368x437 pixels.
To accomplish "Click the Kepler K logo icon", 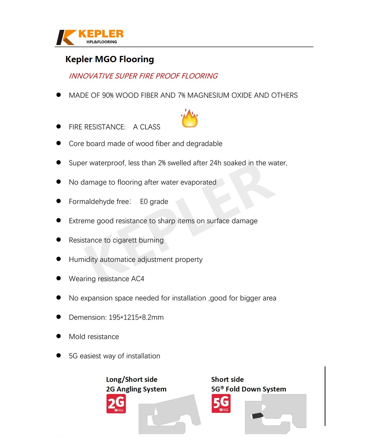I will point(66,38).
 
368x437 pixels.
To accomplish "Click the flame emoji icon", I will point(190,118).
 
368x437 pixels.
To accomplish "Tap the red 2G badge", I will point(116,404).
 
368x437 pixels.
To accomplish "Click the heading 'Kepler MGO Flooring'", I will point(110,59).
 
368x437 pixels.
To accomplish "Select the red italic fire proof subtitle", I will point(143,76).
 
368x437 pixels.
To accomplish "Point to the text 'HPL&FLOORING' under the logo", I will point(102,42).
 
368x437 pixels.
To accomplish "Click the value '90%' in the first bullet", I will point(108,96).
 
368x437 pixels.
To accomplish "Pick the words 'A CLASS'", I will point(147,127).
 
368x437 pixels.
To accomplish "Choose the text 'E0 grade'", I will point(154,202).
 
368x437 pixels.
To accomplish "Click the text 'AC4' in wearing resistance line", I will point(137,279).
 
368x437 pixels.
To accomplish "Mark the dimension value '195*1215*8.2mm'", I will point(136,318).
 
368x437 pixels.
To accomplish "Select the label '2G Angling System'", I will point(136,389).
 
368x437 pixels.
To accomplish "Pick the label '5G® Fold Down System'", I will point(249,389).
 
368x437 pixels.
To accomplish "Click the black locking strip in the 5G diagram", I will point(257,415).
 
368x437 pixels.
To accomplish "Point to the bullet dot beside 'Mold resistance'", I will point(59,337).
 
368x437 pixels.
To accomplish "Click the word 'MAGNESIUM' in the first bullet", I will point(207,96).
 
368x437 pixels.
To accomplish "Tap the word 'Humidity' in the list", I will point(83,259).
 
